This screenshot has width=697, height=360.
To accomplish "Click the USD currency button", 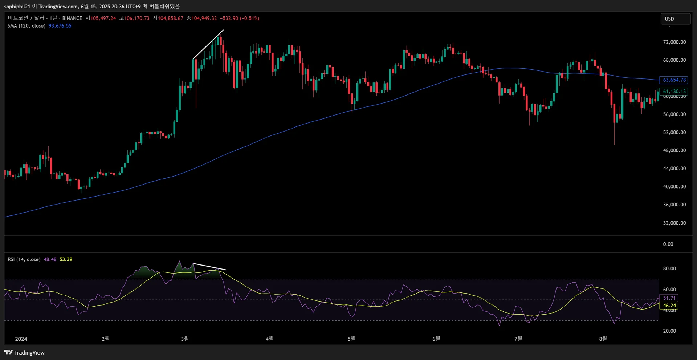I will (675, 19).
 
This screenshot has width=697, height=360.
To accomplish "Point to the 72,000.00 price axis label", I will (674, 42).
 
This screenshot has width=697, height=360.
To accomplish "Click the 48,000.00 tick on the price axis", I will (674, 150).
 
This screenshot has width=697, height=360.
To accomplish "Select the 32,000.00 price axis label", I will (674, 223).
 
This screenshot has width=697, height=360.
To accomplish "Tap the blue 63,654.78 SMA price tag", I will (674, 80).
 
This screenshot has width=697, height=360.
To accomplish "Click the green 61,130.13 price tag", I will (674, 92).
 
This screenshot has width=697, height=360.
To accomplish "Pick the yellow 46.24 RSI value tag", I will (669, 306).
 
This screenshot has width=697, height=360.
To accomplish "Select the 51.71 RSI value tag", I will (669, 298).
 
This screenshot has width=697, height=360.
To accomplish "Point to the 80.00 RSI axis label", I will (669, 268).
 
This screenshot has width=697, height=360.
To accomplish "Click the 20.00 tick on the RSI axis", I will (669, 331).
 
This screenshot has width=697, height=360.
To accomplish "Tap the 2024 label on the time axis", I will (21, 339).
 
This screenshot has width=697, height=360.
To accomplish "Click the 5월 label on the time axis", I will (351, 339).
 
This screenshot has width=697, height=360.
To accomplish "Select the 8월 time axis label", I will (603, 339).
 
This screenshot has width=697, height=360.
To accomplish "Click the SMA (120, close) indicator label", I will (27, 26).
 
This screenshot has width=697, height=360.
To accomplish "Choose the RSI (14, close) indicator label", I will (24, 259).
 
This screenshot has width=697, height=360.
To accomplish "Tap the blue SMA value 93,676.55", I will (60, 26).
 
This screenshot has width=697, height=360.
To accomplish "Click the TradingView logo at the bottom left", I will (24, 352).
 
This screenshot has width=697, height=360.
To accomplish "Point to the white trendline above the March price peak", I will (208, 44).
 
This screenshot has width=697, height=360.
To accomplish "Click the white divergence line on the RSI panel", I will (210, 267).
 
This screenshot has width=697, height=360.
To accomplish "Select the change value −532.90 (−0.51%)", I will (240, 18).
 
